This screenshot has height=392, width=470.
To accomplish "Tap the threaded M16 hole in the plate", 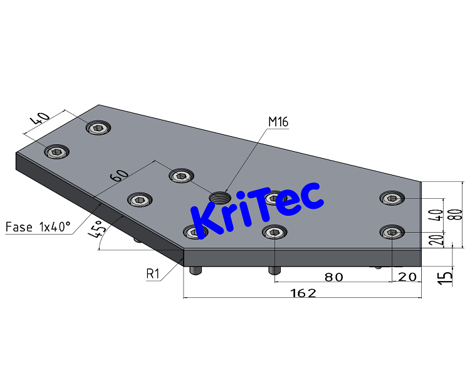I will coord(219,197).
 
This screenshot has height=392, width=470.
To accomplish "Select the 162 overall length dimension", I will coord(302,292).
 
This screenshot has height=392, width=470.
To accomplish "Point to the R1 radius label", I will coord(154,273).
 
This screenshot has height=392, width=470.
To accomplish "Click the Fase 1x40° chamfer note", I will coord(38,226).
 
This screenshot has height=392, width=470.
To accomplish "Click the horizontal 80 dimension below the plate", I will coord(333,276).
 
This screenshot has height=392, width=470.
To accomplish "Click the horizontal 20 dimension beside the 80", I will coord(407,276).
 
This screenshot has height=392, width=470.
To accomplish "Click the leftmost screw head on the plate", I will coord(57,152).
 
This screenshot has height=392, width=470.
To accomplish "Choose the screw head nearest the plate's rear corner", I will coord(98,128).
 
